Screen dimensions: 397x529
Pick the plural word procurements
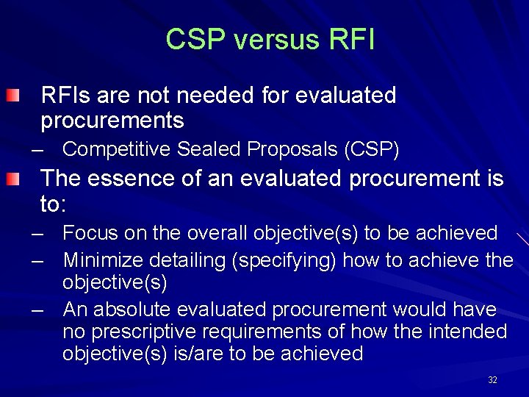tap(112, 120)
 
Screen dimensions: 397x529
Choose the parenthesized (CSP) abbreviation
tap(372, 150)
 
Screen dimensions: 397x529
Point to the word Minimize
tap(103, 260)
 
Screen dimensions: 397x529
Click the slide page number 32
tap(492, 380)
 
